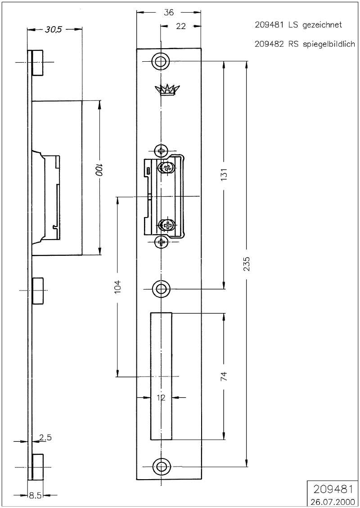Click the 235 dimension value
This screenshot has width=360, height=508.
coord(247,264)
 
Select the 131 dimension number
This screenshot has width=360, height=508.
coord(225,174)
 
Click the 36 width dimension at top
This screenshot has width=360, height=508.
coord(169,13)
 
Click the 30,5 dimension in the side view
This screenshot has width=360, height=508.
coord(54,30)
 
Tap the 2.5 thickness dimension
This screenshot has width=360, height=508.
coord(45,437)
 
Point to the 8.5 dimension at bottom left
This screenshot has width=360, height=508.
coord(35,495)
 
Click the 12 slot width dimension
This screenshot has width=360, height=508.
coord(161,397)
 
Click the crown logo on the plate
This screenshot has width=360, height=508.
coord(167,90)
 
